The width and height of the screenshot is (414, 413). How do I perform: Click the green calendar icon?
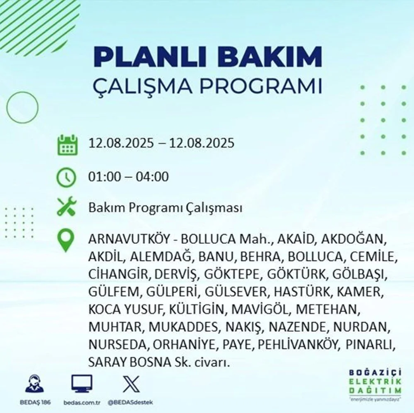[67, 145]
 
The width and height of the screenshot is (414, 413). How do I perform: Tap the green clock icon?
[66, 177]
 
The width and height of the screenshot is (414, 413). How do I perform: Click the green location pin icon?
[65, 241]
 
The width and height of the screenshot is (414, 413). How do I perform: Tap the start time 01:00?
[104, 177]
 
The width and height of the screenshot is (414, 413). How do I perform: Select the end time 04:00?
[152, 177]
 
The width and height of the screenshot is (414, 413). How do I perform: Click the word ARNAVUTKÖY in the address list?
[129, 239]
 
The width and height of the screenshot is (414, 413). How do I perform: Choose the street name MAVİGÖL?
[260, 309]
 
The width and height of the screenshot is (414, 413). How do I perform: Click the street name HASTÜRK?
[302, 292]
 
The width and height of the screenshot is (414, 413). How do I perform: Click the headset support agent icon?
[35, 383]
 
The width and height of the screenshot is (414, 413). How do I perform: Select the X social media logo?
[131, 384]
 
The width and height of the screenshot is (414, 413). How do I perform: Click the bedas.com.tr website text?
[82, 403]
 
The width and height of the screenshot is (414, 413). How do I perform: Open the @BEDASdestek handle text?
[130, 403]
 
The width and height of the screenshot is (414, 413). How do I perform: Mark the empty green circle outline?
[23, 92]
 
